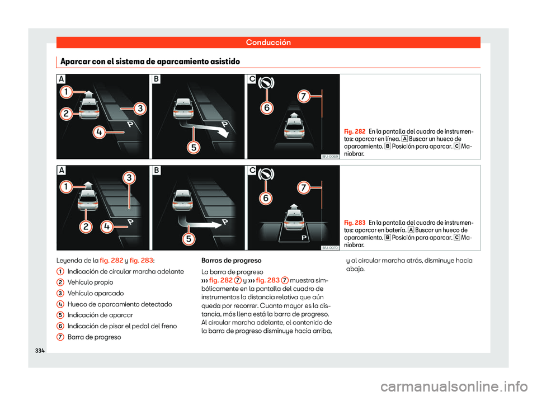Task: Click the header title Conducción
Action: click(268, 42)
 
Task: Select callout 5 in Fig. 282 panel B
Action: click(193, 148)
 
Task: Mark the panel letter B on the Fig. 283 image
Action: click(157, 171)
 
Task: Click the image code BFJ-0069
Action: click(330, 157)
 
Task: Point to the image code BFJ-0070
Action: click(330, 247)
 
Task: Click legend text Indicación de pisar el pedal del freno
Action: click(125, 326)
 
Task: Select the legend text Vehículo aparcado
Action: click(96, 293)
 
